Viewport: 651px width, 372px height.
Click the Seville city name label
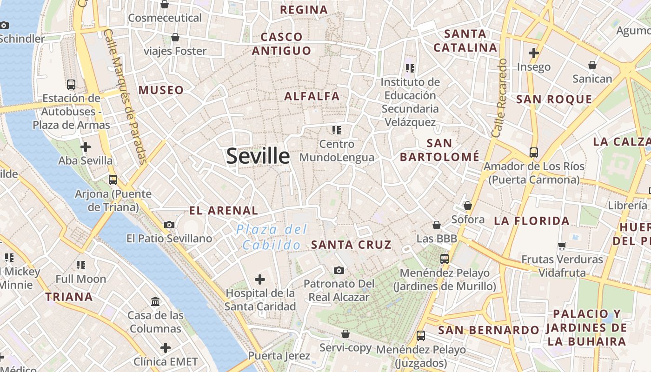point(258,156)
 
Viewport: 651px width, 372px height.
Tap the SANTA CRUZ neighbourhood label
point(351,245)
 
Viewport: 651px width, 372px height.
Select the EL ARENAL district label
point(223,211)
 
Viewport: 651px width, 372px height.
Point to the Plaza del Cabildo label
point(272,237)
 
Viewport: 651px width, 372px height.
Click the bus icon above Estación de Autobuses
point(71,84)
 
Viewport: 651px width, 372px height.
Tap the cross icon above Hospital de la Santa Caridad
point(260,279)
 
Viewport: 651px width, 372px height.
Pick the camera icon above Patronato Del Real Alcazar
point(339,270)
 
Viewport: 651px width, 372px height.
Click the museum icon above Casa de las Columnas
point(155,301)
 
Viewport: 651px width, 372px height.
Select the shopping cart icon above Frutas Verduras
point(562,246)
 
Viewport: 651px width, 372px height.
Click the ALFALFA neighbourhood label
point(312,96)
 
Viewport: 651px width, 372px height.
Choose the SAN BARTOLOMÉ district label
point(439,150)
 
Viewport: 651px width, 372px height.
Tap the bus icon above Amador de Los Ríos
point(533,152)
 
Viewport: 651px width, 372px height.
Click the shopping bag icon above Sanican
point(592,65)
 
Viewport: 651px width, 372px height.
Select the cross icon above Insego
point(533,53)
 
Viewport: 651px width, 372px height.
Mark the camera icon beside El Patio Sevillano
point(169,225)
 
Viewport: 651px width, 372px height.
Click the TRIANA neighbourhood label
point(69,297)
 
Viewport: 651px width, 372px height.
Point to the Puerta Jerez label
point(279,356)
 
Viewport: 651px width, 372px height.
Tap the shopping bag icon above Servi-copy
point(345,334)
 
